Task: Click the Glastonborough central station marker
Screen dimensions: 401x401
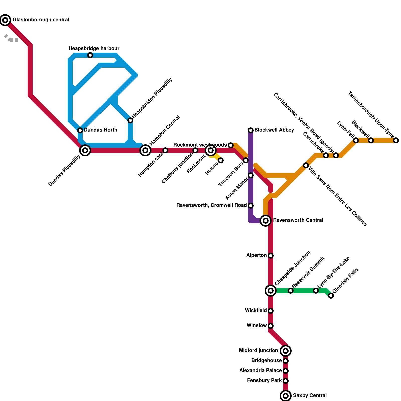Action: point(5,20)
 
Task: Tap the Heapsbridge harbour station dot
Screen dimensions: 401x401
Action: point(90,55)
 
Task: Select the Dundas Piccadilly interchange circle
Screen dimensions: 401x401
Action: point(85,150)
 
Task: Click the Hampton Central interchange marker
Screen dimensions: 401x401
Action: point(145,150)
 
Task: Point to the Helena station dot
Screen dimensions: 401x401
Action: point(221,160)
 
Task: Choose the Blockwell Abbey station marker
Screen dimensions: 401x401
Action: point(251,130)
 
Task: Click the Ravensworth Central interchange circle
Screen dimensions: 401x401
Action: point(266,221)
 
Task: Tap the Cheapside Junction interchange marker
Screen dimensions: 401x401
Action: point(271,291)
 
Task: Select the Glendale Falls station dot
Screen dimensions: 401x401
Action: point(331,296)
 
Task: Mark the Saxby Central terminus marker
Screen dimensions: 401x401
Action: point(286,396)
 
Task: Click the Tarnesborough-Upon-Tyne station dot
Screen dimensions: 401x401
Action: point(396,140)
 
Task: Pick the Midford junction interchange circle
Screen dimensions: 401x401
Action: point(286,351)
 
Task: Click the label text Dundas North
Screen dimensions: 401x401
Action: point(101,130)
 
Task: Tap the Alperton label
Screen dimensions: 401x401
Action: point(256,255)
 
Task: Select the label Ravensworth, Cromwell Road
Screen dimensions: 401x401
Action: point(212,205)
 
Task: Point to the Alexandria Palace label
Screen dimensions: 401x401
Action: point(260,370)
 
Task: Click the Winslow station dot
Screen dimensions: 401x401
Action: point(271,326)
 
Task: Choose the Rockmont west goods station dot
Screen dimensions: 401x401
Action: point(231,145)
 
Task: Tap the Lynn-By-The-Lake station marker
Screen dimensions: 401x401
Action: point(316,291)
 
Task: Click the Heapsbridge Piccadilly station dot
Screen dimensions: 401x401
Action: point(130,120)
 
